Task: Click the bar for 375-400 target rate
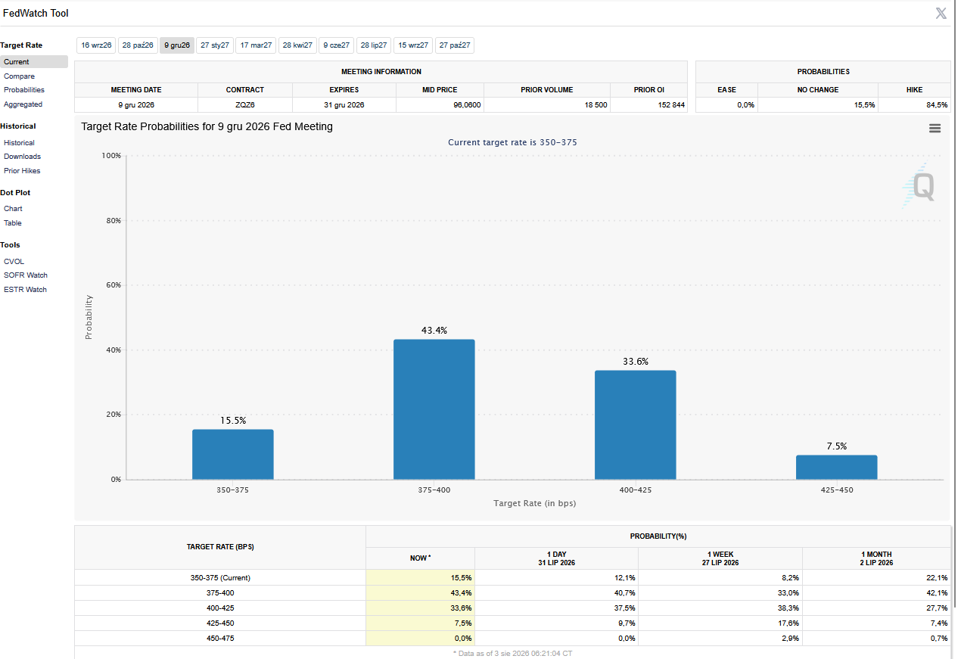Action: tap(434, 409)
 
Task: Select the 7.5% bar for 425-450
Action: tap(836, 468)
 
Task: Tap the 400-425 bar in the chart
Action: tap(635, 424)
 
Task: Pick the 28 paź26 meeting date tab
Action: tap(138, 45)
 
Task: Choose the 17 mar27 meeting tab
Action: tap(256, 45)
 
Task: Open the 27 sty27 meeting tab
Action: tap(214, 45)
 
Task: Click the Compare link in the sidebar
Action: tap(20, 76)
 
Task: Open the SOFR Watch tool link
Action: tap(26, 275)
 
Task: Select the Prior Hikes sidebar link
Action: tap(22, 171)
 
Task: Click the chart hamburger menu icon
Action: tap(935, 129)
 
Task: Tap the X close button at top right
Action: tap(941, 14)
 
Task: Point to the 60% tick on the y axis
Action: tap(114, 285)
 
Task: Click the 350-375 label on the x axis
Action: tap(232, 490)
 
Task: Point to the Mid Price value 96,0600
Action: tap(467, 105)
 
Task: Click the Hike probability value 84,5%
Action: tap(937, 105)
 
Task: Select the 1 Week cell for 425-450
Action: tap(788, 623)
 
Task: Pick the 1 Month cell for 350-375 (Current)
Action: tap(937, 578)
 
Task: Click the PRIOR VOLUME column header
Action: tap(546, 90)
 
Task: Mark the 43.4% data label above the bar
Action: tap(434, 331)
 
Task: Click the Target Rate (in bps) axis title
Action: tap(534, 503)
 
